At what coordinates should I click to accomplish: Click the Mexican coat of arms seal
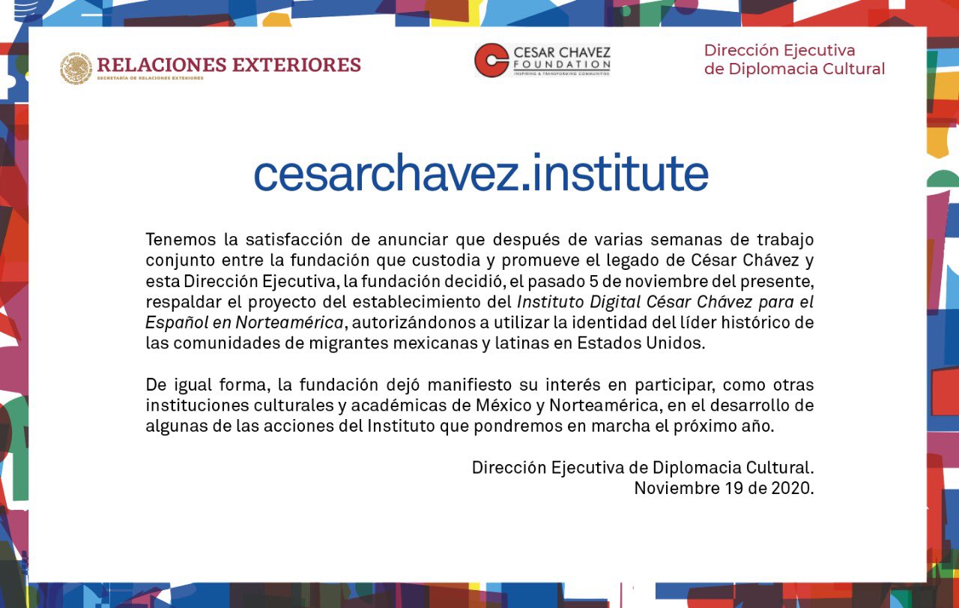(76, 68)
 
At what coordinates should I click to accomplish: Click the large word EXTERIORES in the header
(297, 65)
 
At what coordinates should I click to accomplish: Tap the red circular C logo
(491, 60)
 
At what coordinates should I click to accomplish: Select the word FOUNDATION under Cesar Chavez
(562, 64)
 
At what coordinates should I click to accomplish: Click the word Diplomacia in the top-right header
(772, 69)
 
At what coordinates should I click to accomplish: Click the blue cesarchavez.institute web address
(481, 172)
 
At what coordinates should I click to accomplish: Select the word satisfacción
(294, 239)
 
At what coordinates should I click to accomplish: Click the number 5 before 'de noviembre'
(593, 281)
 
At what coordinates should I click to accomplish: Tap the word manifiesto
(470, 385)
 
